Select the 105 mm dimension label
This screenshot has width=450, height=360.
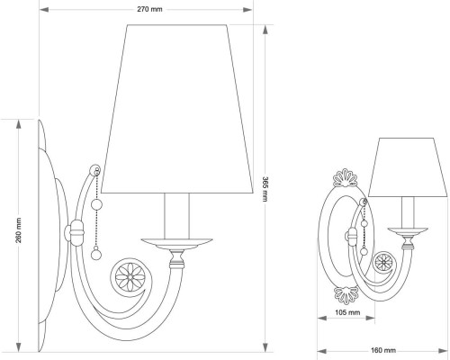[x=335, y=311]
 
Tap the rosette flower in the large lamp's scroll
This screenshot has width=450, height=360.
[x=126, y=274]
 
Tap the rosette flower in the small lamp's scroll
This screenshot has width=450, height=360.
[x=384, y=264]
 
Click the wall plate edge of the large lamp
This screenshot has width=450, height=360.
[x=42, y=234]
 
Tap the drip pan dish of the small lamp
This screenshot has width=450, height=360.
[x=406, y=233]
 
